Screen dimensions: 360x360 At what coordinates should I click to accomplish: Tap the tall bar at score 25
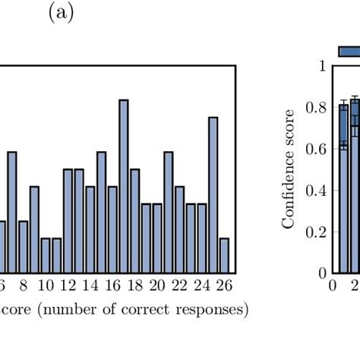213,194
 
